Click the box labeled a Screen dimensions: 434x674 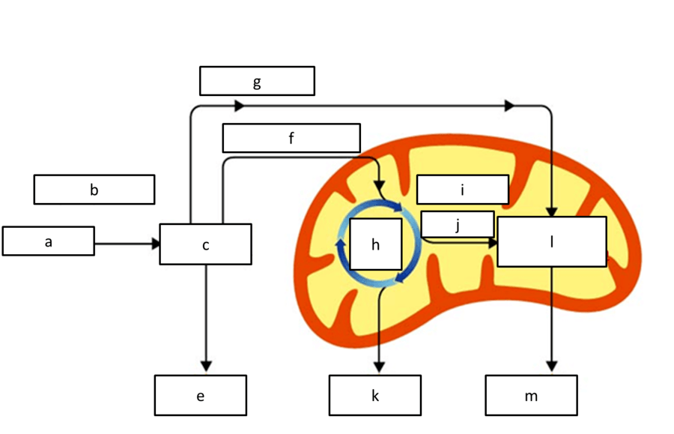(x=48, y=241)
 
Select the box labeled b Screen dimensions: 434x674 (x=94, y=190)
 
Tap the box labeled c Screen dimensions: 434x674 (x=205, y=244)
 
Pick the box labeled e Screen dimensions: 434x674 (x=200, y=395)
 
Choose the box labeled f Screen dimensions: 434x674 (x=291, y=138)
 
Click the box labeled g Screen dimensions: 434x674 (x=257, y=81)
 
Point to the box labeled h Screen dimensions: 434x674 (x=376, y=244)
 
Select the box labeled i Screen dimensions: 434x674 (x=462, y=190)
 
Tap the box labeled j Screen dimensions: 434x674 (x=457, y=224)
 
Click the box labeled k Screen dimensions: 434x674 (x=374, y=395)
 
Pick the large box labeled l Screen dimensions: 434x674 (x=551, y=241)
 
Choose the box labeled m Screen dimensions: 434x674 (x=531, y=395)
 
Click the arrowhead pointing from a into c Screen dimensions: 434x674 (x=157, y=244)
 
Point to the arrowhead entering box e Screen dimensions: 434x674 (x=206, y=365)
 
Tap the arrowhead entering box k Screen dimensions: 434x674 (x=379, y=366)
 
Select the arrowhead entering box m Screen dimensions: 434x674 (x=552, y=365)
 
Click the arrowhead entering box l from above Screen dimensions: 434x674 (x=552, y=211)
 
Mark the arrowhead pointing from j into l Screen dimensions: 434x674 (x=493, y=243)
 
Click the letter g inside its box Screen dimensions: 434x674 (x=257, y=81)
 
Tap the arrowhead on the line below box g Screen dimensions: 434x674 (x=239, y=106)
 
